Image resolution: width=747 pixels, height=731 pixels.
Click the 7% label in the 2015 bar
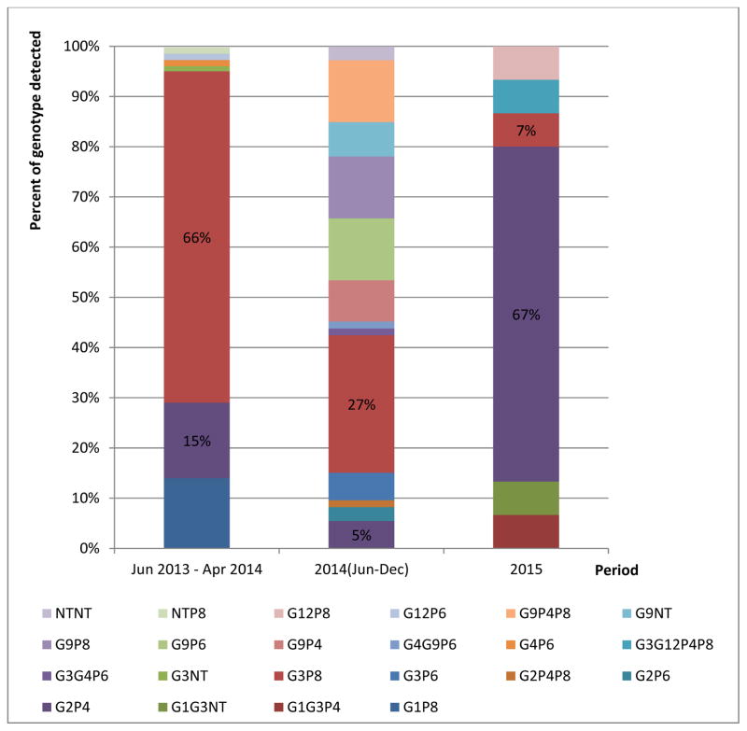(526, 131)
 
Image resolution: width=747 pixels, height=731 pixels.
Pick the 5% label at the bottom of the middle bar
(361, 536)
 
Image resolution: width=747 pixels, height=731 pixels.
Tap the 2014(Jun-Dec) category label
(361, 569)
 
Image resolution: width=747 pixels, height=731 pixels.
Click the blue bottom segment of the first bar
(197, 513)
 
